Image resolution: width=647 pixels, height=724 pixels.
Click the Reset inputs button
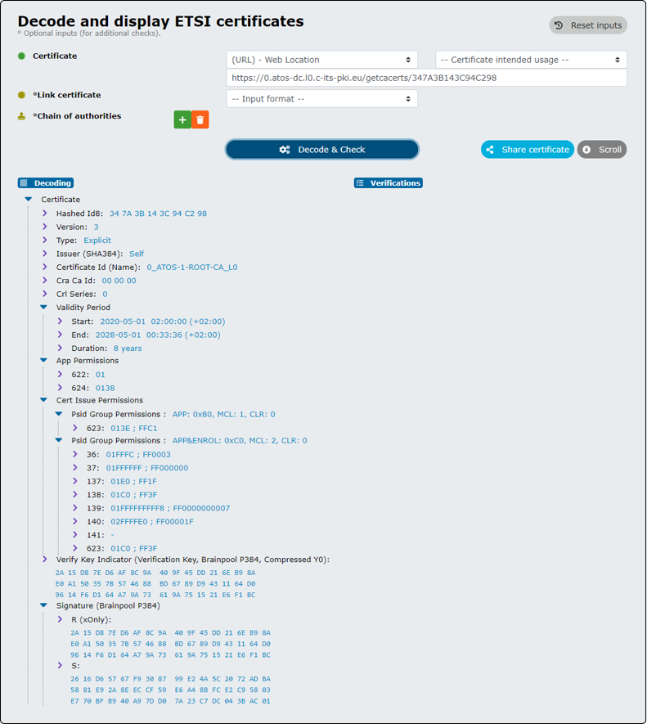[588, 25]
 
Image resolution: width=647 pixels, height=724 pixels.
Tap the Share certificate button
[528, 150]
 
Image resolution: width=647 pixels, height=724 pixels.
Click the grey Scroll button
[602, 150]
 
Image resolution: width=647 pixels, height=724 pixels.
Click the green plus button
[182, 119]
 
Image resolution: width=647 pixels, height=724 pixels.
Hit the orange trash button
[200, 119]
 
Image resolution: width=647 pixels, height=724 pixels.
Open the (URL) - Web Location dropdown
[322, 60]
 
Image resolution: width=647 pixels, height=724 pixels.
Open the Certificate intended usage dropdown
[531, 60]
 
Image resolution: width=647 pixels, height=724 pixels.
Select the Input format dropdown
[322, 99]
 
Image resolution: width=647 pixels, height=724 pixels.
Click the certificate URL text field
[427, 78]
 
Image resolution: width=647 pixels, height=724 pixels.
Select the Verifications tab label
[389, 183]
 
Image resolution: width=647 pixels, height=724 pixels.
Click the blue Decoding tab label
[46, 183]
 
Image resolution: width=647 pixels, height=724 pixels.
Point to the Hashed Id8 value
[158, 214]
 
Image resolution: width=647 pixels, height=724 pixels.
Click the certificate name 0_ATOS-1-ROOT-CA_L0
[192, 267]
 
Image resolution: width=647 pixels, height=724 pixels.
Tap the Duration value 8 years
[128, 349]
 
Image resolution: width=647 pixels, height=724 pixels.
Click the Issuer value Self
[137, 254]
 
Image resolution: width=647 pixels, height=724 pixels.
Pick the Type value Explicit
[97, 240]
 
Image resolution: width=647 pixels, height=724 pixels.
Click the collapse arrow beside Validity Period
[44, 307]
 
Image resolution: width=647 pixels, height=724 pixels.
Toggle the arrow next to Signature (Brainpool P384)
[44, 605]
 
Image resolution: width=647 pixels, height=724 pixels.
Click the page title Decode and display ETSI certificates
[160, 21]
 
